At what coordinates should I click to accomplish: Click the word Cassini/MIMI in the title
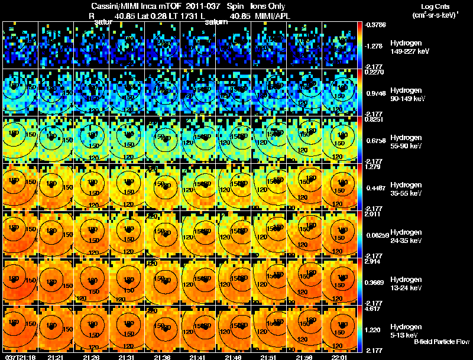(117, 7)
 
